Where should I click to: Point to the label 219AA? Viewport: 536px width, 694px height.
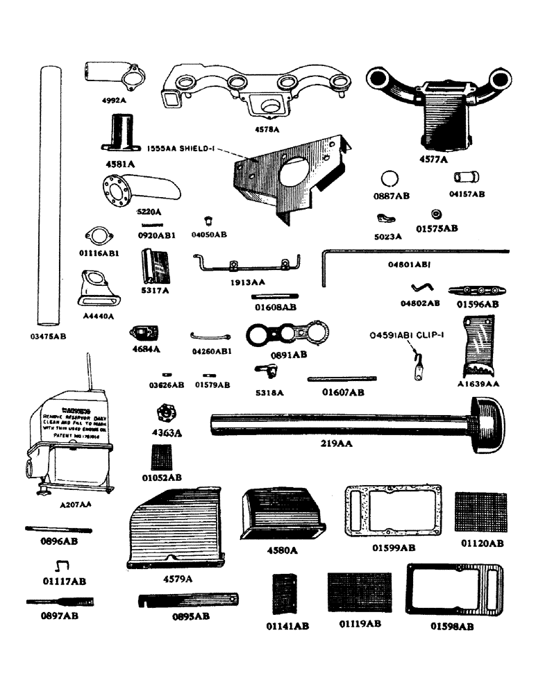pos(335,443)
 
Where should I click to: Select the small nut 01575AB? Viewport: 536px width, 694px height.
pos(437,213)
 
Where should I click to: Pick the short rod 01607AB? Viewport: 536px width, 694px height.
pos(342,379)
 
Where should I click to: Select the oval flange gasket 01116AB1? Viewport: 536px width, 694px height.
pos(99,236)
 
